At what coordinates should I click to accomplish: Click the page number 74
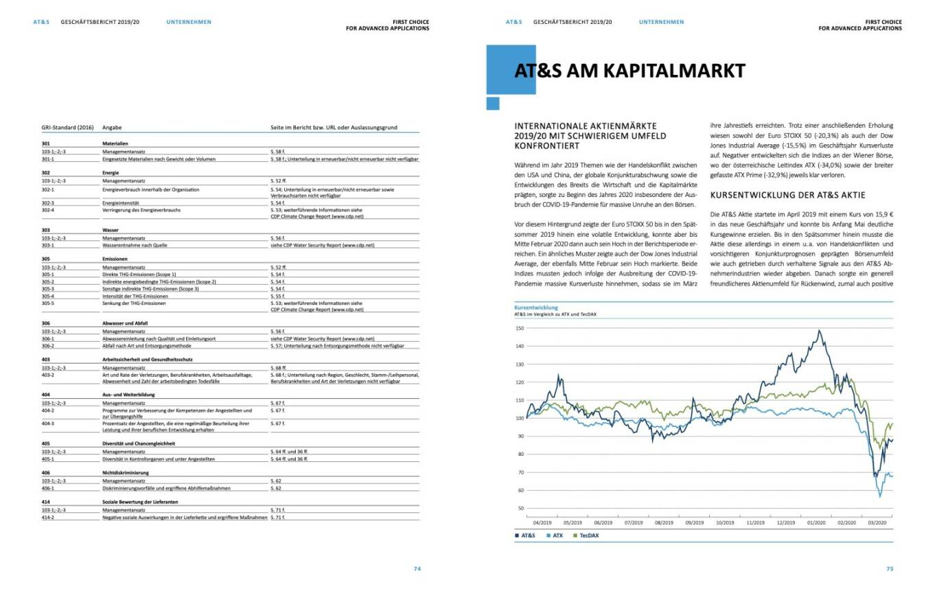[x=417, y=568]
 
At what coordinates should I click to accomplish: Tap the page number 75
[x=889, y=568]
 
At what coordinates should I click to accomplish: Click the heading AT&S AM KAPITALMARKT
[x=629, y=71]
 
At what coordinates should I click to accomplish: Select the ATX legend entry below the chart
[x=557, y=535]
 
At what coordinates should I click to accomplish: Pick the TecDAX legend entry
[x=588, y=535]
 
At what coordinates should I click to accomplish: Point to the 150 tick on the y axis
[x=519, y=328]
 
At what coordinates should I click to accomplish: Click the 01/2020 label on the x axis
[x=815, y=522]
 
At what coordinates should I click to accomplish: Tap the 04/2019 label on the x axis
[x=542, y=522]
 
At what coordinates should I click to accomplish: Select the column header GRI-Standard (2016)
[x=67, y=128]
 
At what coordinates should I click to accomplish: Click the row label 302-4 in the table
[x=48, y=210]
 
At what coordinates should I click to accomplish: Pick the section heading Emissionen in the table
[x=115, y=259]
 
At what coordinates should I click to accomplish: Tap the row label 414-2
[x=48, y=517]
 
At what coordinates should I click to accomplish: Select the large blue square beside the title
[x=501, y=69]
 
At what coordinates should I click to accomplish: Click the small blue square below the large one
[x=492, y=103]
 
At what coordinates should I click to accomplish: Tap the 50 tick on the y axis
[x=520, y=508]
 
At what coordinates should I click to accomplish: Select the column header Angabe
[x=113, y=128]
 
